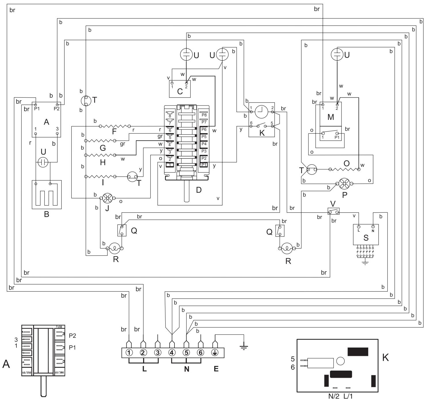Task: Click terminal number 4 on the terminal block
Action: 172,352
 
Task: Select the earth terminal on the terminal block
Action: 215,352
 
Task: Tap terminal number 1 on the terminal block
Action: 129,352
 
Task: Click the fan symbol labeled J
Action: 107,198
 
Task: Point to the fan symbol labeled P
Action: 344,184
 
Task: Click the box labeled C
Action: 180,89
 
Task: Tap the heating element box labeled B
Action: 47,195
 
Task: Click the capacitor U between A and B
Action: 43,162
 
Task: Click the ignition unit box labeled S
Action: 366,235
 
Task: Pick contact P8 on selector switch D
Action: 204,115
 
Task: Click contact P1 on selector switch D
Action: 204,165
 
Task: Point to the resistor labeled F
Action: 115,126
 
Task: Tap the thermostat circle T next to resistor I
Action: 133,176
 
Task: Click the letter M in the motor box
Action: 331,117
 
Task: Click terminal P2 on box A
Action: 57,105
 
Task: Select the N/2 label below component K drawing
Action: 334,396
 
